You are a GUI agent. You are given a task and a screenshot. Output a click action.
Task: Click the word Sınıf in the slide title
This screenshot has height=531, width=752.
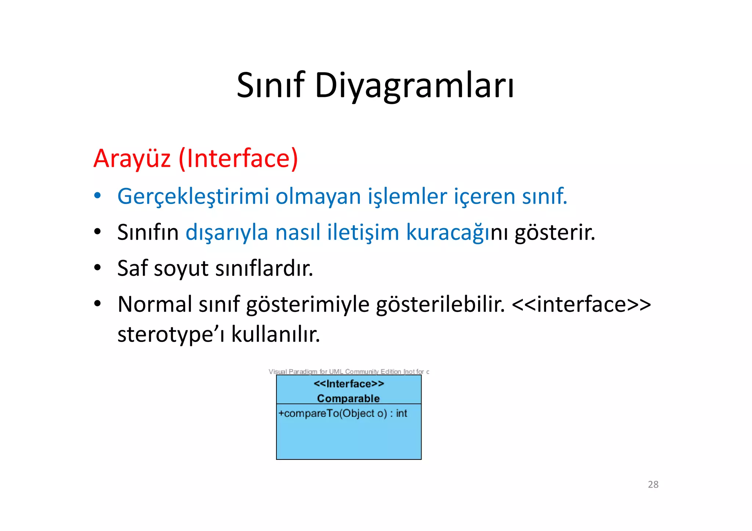click(x=270, y=86)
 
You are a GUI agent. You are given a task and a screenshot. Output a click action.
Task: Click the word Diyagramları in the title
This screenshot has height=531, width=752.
click(x=415, y=87)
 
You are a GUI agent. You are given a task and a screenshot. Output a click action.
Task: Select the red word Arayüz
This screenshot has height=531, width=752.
click(x=132, y=159)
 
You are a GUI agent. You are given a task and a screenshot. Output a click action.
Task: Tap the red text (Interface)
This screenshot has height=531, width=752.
click(x=238, y=159)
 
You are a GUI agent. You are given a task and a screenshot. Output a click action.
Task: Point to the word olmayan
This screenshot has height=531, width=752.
click(x=318, y=196)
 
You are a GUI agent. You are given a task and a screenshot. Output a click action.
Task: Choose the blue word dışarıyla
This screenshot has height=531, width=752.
click(x=227, y=233)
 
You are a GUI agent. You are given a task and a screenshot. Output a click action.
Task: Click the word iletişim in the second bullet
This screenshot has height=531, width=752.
click(x=363, y=233)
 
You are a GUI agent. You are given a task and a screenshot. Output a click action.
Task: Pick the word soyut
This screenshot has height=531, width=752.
click(x=181, y=269)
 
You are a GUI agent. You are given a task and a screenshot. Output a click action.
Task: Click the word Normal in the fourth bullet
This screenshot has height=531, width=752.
click(x=155, y=304)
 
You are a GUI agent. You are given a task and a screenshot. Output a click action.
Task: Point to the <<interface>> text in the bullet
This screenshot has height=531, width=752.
click(x=581, y=304)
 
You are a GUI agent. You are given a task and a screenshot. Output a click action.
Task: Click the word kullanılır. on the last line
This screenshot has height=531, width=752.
click(x=275, y=334)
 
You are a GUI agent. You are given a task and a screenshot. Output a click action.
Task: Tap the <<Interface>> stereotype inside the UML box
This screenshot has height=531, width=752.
click(x=348, y=384)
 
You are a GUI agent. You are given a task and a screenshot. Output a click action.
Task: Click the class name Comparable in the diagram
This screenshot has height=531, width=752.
click(x=348, y=398)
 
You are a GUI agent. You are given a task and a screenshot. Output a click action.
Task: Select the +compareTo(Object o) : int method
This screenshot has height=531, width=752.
click(x=343, y=414)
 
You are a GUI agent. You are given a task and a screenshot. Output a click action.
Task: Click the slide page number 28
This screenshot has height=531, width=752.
click(x=653, y=484)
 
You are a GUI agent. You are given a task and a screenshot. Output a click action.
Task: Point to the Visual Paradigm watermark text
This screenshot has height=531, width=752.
click(x=348, y=371)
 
